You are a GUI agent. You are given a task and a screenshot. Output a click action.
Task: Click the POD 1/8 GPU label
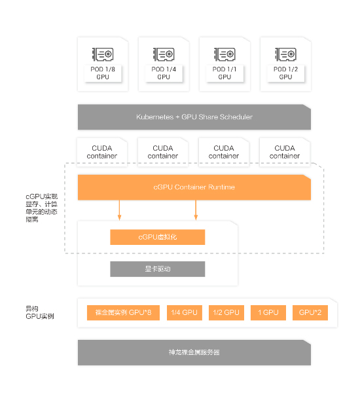103,73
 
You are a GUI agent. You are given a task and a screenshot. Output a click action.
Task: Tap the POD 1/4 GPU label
164,73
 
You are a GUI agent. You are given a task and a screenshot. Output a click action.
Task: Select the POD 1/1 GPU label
225,73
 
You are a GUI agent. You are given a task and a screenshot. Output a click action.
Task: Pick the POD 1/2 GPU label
285,73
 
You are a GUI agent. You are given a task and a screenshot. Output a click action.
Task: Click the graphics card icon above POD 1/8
103,54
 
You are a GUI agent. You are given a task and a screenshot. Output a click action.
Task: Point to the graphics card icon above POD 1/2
285,54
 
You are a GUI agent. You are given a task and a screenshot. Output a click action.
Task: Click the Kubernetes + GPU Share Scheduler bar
194,117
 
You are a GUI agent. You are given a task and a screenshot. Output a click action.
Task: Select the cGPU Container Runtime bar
194,187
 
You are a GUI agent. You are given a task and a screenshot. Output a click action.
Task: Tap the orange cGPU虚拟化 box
157,237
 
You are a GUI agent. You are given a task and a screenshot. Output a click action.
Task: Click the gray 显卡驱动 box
157,269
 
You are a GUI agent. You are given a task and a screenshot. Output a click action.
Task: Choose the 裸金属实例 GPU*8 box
123,312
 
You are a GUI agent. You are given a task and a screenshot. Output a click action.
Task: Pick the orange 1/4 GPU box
185,312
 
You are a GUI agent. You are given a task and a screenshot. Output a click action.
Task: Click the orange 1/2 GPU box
226,312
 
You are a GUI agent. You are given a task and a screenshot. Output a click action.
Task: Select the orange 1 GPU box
268,312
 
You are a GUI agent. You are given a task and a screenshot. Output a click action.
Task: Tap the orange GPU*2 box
310,312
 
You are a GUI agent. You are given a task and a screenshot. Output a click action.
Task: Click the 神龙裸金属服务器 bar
194,352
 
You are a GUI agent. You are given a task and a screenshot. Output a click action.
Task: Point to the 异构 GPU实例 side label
39,312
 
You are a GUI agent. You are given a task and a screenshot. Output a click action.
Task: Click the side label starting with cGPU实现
41,208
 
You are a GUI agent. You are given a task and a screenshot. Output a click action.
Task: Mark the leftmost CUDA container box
102,152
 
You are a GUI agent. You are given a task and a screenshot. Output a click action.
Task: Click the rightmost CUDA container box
285,152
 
